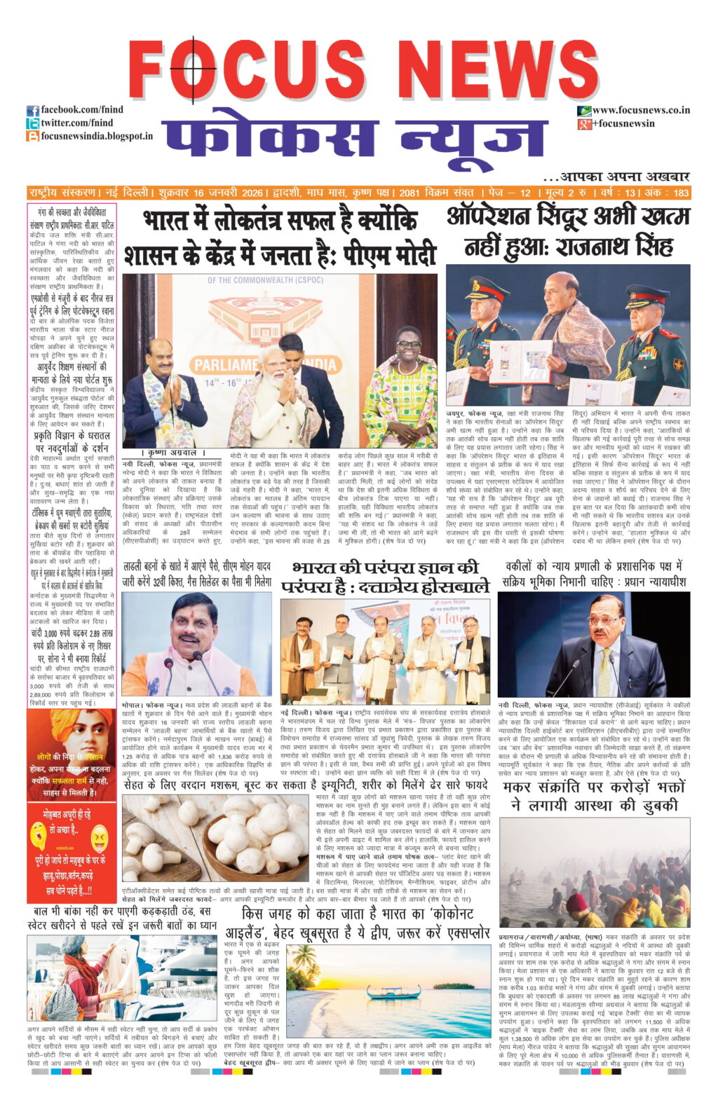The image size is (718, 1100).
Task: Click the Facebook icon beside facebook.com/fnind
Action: tap(32, 111)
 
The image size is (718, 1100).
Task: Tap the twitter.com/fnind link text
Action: tap(77, 123)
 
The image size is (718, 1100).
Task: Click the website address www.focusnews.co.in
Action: tap(641, 110)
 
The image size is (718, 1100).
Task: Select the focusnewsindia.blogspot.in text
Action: tap(96, 136)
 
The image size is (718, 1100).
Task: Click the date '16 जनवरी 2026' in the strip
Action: tap(229, 193)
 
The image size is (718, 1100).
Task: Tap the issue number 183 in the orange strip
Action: tap(680, 193)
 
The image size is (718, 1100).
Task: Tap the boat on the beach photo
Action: tap(393, 992)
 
